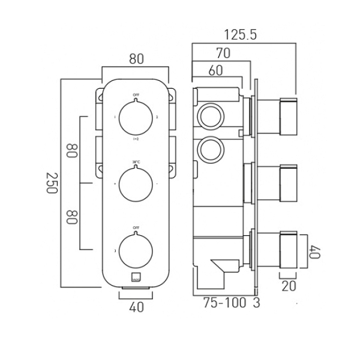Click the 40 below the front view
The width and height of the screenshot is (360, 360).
click(136, 307)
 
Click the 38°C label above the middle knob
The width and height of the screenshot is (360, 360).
click(136, 161)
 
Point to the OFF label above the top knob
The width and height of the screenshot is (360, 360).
click(136, 95)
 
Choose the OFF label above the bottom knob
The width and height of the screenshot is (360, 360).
click(136, 228)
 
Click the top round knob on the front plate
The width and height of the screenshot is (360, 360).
click(136, 117)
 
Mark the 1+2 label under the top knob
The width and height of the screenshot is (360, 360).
click(136, 139)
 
